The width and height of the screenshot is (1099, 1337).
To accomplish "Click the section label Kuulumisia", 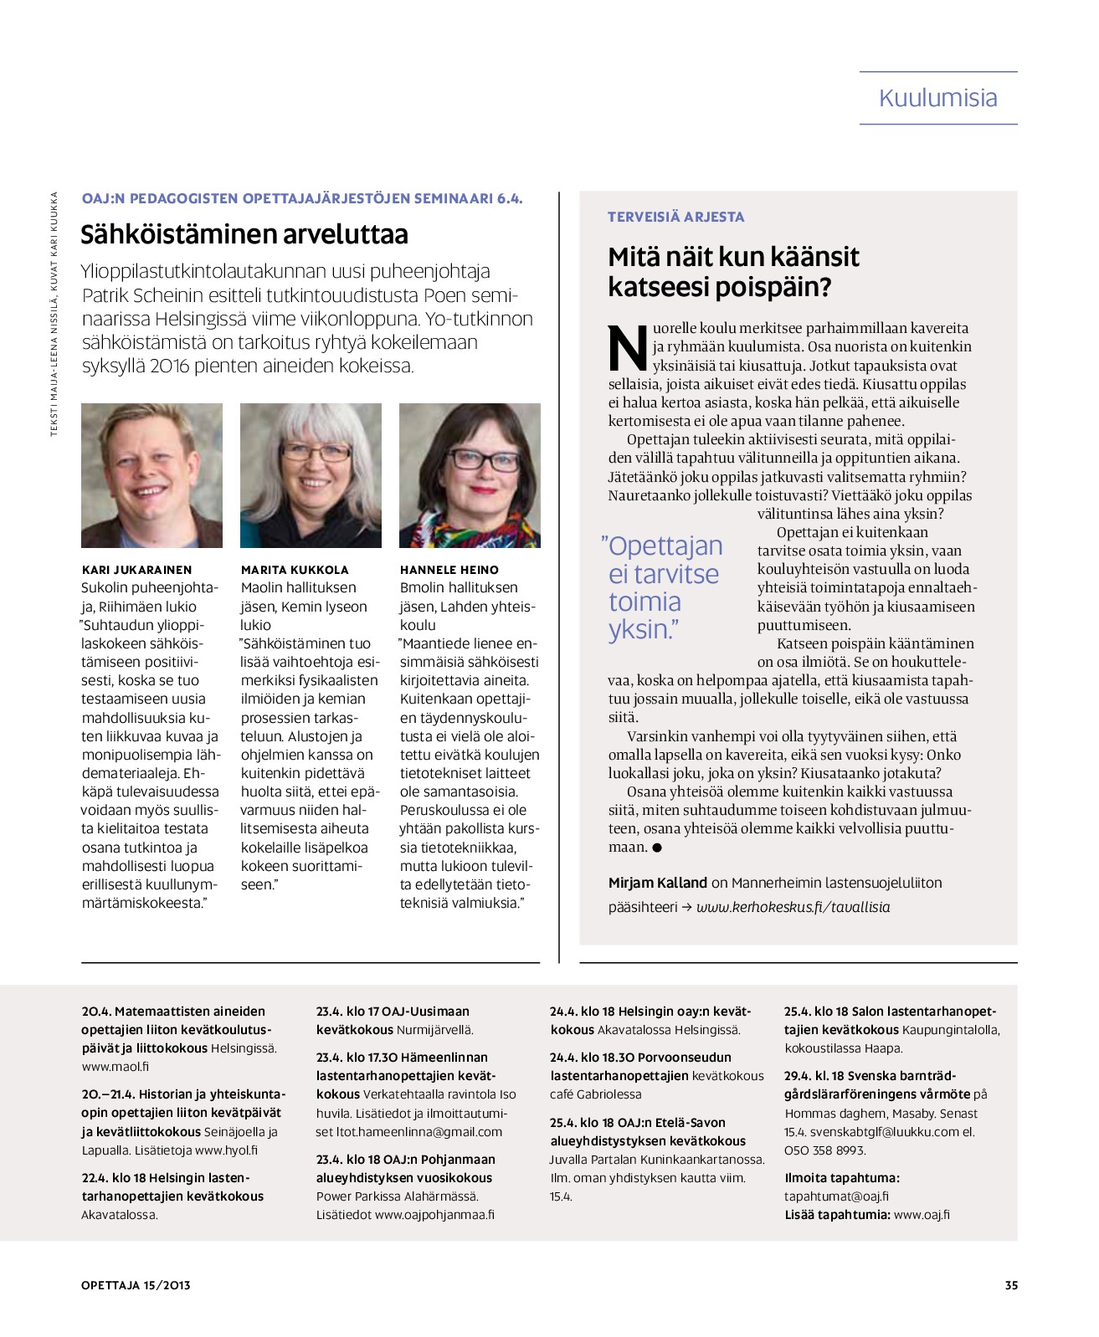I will point(937,98).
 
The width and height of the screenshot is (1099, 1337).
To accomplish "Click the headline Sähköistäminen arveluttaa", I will point(244,234).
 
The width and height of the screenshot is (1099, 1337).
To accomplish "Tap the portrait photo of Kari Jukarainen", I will point(151,475).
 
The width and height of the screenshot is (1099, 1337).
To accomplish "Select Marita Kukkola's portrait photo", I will point(311,475).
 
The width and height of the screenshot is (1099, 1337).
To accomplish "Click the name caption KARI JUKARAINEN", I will point(136,569).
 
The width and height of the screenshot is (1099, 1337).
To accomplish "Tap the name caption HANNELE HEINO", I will point(449,569).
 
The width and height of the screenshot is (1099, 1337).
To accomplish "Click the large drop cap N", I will point(628,348).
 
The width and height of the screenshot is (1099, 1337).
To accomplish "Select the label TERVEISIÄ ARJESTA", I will point(675,217).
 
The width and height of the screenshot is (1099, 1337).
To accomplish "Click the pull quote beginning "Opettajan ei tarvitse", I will point(661,587).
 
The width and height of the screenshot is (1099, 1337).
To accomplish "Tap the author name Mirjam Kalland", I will point(658,883).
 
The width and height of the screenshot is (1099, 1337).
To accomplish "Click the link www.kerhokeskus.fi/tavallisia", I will point(793,907).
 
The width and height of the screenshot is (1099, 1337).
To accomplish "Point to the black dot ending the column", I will point(657,848).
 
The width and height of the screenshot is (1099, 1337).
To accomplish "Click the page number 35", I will point(1011,1285).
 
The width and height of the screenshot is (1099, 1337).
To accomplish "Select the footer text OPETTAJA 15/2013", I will point(136,1285).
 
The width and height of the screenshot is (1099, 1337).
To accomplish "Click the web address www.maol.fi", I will point(116,1067).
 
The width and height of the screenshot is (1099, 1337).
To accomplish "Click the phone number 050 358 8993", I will point(825,1150).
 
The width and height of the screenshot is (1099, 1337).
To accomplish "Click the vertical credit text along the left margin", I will point(54,314).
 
